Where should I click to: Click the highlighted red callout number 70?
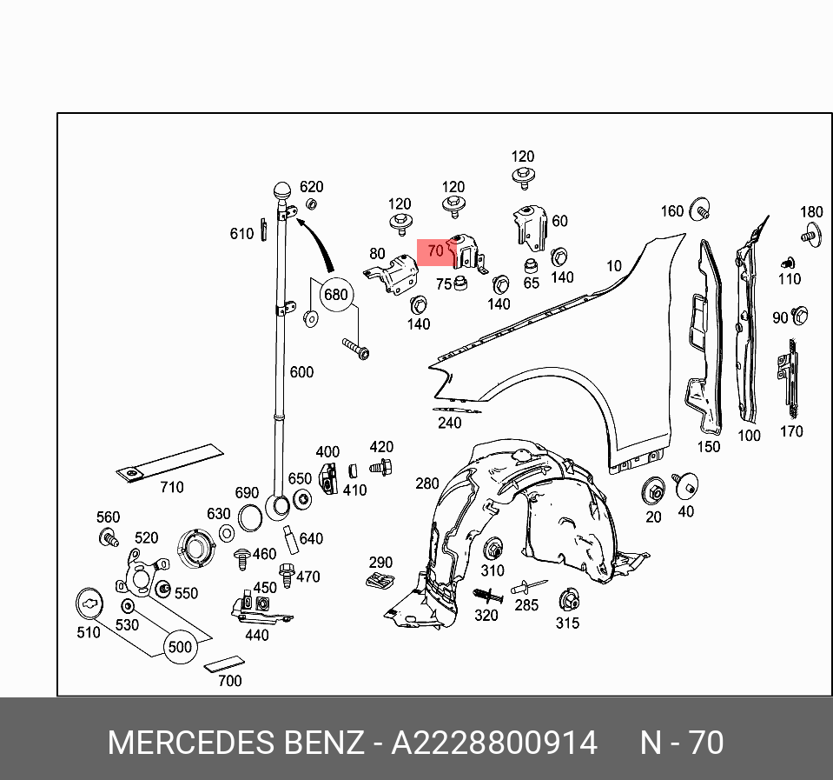click(x=435, y=251)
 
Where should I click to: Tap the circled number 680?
click(x=335, y=295)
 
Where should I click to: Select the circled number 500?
click(x=180, y=647)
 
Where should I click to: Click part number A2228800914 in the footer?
click(x=494, y=743)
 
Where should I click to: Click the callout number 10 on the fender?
click(x=614, y=265)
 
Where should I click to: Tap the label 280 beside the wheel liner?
click(x=427, y=483)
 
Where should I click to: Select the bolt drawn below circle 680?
click(x=355, y=349)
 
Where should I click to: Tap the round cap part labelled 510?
click(x=89, y=601)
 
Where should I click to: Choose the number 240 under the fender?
click(x=449, y=423)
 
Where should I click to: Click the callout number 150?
click(x=709, y=446)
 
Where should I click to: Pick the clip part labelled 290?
click(x=380, y=580)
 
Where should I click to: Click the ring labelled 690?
click(x=249, y=518)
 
